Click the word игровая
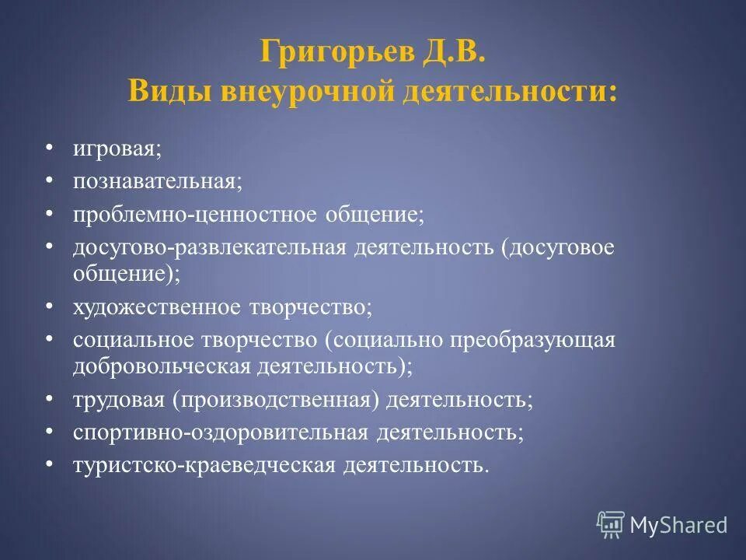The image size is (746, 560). tap(117, 148)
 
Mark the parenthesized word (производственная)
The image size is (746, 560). tap(277, 399)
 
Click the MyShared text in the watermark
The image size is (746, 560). tap(678, 525)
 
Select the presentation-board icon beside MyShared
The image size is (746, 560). tap(611, 524)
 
